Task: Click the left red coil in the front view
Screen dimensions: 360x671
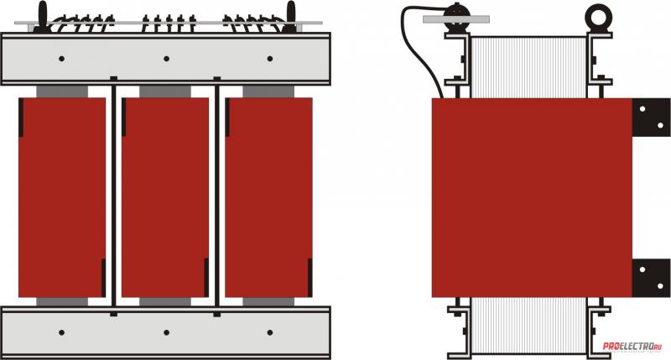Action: [x=62, y=197]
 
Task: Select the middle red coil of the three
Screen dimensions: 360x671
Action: [x=165, y=197]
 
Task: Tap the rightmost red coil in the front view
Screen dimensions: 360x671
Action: [x=268, y=197]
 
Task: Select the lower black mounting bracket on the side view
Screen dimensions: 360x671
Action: [x=651, y=277]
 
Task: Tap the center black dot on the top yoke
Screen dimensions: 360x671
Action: [x=166, y=59]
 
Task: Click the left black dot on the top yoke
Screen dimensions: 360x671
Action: [x=63, y=59]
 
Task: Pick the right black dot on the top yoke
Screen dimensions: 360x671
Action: [x=269, y=59]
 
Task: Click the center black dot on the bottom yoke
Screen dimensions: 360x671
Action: [x=166, y=332]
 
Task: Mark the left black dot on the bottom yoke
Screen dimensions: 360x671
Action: [x=63, y=332]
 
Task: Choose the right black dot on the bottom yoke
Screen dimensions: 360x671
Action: [x=269, y=332]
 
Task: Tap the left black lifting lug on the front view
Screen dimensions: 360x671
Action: [x=43, y=15]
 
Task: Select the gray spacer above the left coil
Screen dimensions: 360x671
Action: [x=62, y=91]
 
